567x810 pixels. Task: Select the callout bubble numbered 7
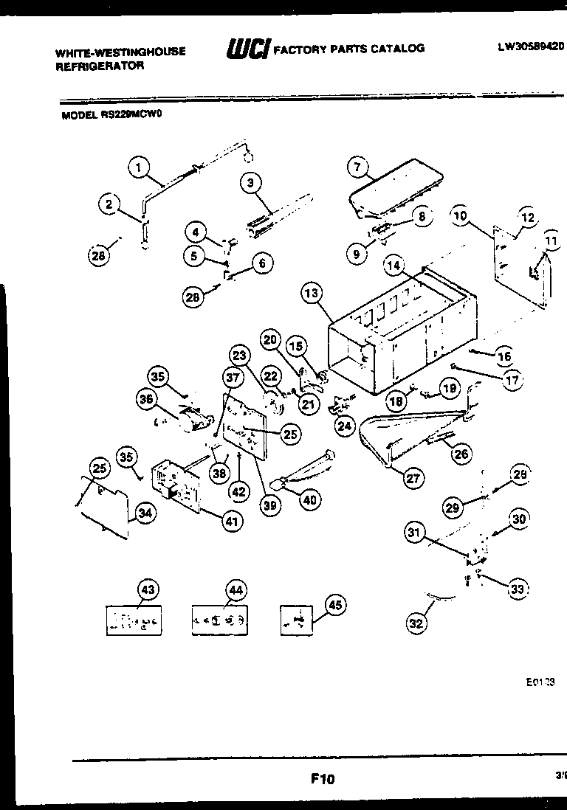click(358, 167)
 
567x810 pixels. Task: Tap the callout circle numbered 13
click(313, 294)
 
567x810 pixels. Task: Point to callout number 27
click(413, 478)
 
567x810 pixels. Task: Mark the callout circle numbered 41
click(233, 522)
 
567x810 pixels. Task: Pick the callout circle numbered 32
click(416, 623)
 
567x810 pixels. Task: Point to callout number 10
click(460, 216)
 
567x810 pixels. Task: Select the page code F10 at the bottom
click(323, 778)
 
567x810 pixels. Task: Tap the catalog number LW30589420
click(530, 46)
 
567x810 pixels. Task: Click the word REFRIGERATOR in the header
click(100, 65)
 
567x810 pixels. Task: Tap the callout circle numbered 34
click(145, 514)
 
